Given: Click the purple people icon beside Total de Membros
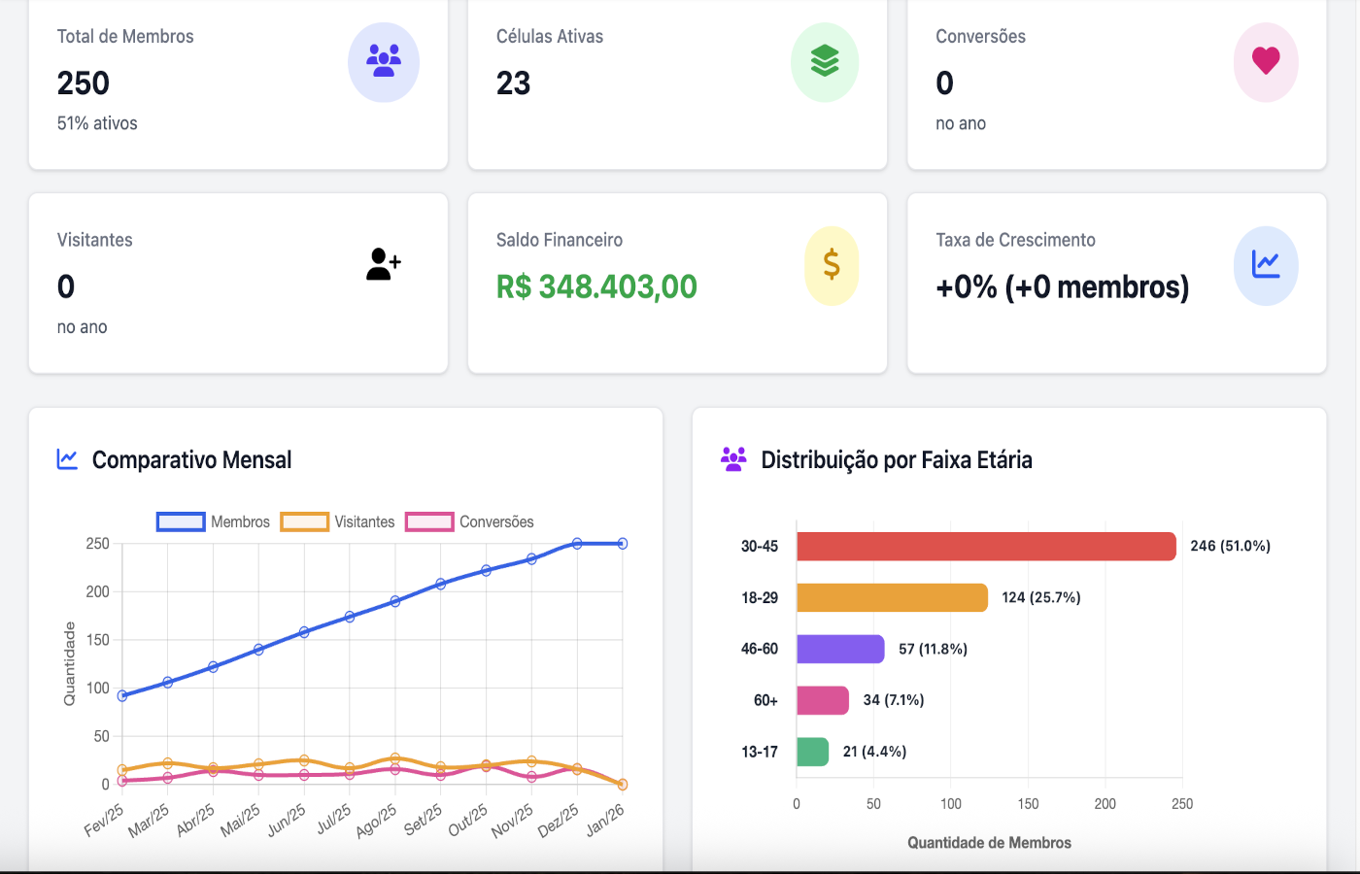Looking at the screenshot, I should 384,61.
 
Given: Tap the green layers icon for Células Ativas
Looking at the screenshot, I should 825,61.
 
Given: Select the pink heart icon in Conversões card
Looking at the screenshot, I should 1266,61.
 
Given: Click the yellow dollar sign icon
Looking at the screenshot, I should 832,265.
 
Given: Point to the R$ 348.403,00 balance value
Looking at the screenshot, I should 596,287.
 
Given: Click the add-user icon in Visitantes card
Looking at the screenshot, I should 384,264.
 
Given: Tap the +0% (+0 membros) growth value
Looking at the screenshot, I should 1062,287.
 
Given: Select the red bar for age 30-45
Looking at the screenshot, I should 986,546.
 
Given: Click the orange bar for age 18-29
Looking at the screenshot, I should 892,597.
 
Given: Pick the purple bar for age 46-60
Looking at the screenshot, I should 840,649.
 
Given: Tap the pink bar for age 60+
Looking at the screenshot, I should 823,700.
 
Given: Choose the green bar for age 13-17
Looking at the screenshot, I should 812,752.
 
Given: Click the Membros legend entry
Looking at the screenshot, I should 214,522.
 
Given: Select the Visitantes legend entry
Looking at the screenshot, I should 338,522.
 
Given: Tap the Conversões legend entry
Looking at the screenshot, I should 470,522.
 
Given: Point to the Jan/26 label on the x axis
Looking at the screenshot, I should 606,821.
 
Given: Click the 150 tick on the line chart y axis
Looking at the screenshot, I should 98,640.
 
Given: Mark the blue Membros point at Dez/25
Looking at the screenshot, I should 577,544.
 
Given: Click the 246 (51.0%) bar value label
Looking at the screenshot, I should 1230,546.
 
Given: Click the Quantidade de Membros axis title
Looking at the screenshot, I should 989,843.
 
